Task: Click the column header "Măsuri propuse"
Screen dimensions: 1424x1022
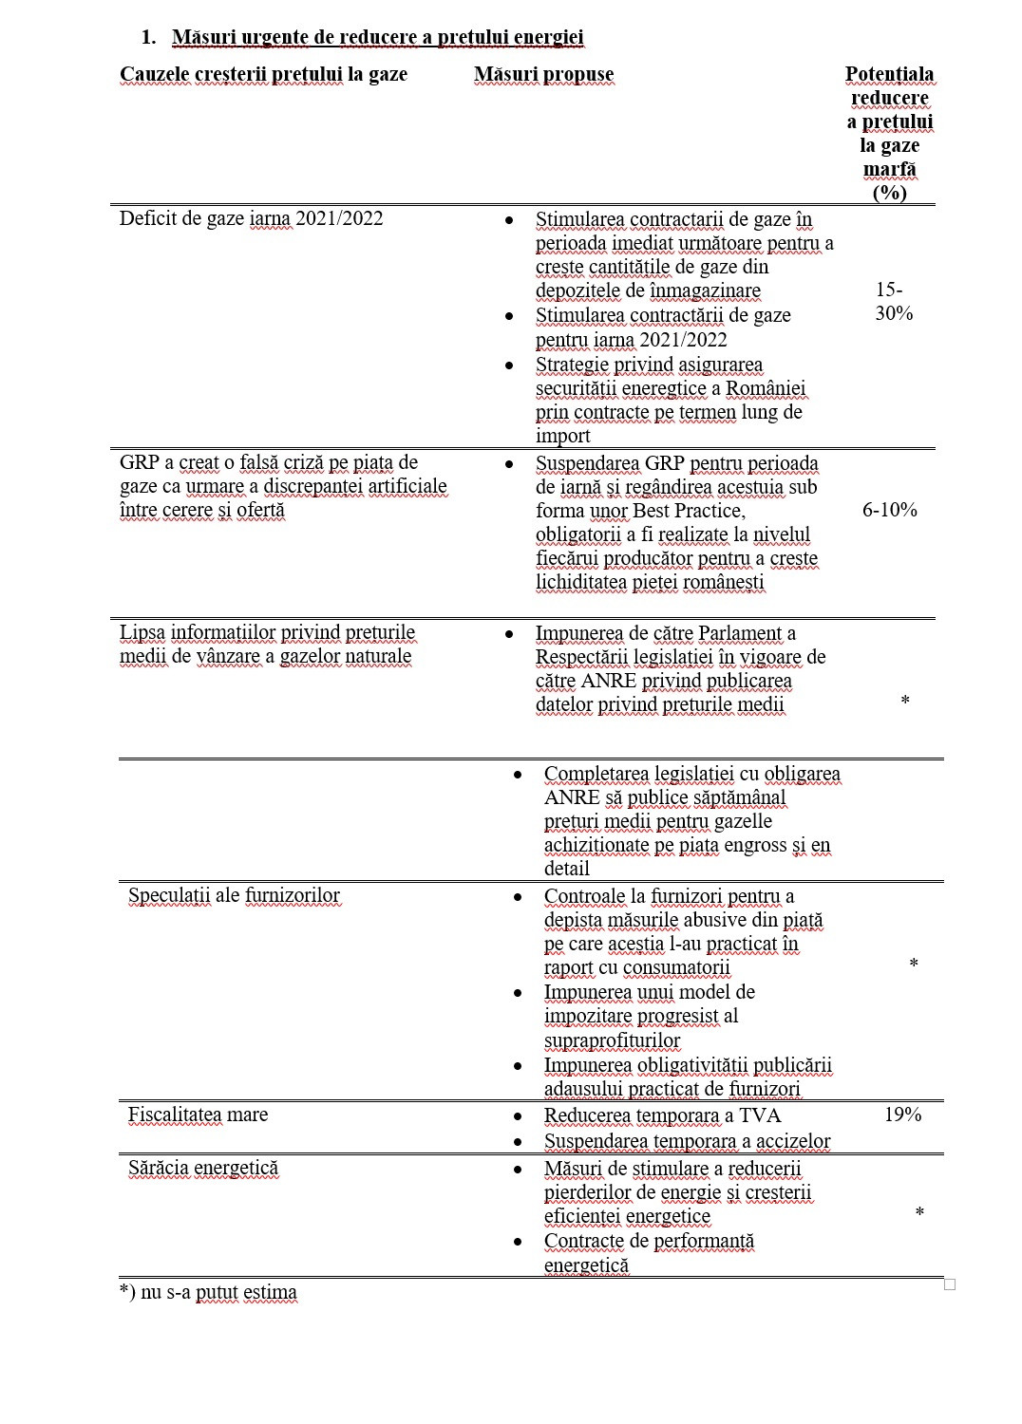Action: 543,75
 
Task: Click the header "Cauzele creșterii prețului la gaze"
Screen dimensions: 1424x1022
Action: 263,75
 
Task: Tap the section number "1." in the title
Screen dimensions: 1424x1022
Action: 148,38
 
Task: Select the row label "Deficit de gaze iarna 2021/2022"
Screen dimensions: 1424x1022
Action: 251,218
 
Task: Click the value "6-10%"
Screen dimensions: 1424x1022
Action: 889,510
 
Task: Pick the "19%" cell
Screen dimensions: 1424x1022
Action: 902,1115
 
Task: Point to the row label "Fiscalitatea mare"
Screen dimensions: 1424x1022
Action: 198,1115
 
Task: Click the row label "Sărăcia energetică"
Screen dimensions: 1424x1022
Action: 202,1168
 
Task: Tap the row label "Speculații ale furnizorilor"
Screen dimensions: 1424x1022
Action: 234,895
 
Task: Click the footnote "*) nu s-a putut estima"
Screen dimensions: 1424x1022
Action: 208,1292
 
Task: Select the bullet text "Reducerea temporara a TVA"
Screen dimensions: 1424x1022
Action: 662,1115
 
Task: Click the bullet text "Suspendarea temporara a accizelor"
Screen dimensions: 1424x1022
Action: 687,1141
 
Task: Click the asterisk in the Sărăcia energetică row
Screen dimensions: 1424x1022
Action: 918,1213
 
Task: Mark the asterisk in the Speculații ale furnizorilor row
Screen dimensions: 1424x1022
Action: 913,965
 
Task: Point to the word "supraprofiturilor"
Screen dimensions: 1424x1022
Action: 612,1040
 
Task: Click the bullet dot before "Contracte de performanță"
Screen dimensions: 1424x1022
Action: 518,1241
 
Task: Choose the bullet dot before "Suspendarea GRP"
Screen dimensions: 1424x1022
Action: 509,464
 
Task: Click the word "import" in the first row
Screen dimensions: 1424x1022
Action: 562,436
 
